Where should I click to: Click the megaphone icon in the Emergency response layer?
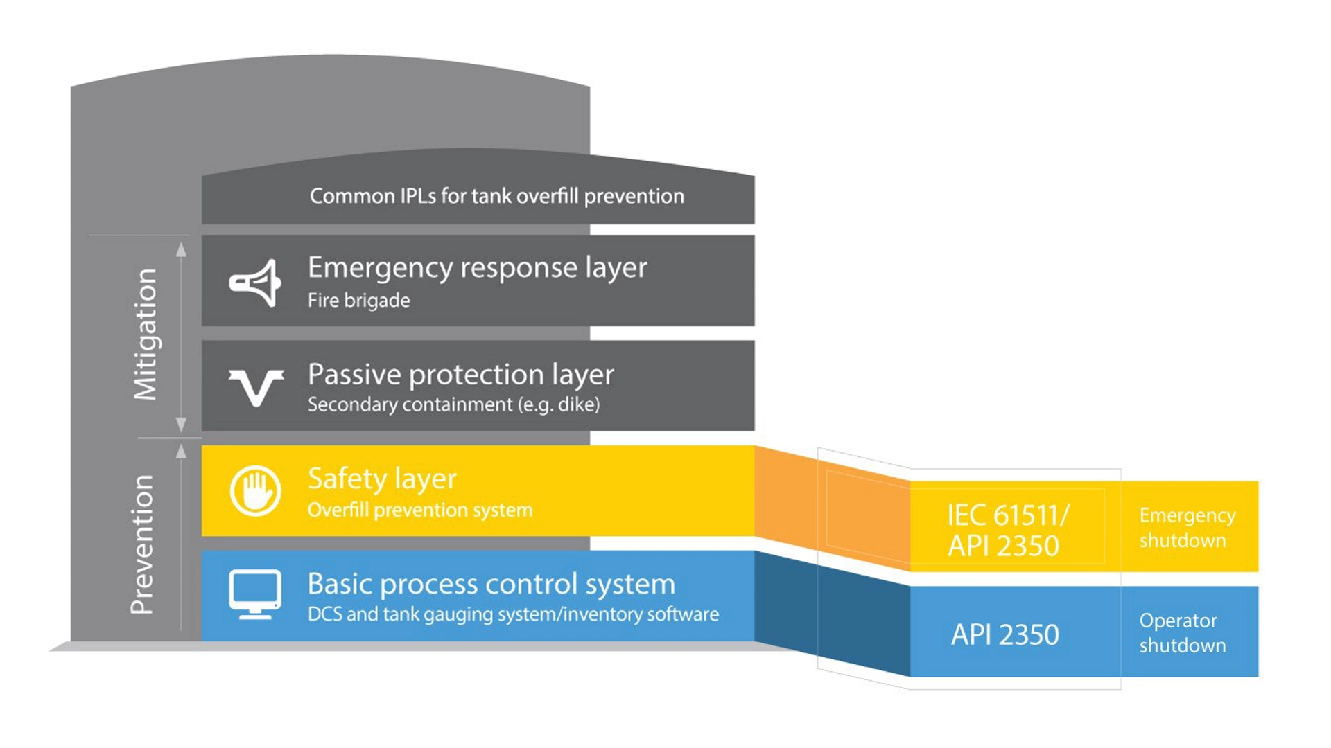tap(254, 283)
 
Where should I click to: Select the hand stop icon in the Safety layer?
tap(255, 491)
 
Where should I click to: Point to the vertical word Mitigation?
tap(146, 334)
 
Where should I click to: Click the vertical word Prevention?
tap(142, 544)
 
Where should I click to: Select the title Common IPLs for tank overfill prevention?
tap(496, 196)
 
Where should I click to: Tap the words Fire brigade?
tap(358, 301)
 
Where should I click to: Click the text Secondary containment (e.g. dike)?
tap(453, 404)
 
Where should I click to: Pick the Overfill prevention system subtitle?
tap(420, 510)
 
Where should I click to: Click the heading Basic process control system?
tap(491, 584)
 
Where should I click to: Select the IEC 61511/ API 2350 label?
tap(1007, 531)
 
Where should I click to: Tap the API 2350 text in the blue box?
tap(1004, 634)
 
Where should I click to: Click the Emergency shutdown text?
tap(1187, 528)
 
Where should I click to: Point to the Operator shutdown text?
tap(1182, 632)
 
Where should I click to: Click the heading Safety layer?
tap(382, 479)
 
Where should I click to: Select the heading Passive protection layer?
tap(460, 375)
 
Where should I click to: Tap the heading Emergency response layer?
tap(477, 268)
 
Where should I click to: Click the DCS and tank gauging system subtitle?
tap(513, 614)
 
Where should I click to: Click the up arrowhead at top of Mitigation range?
tap(181, 249)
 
